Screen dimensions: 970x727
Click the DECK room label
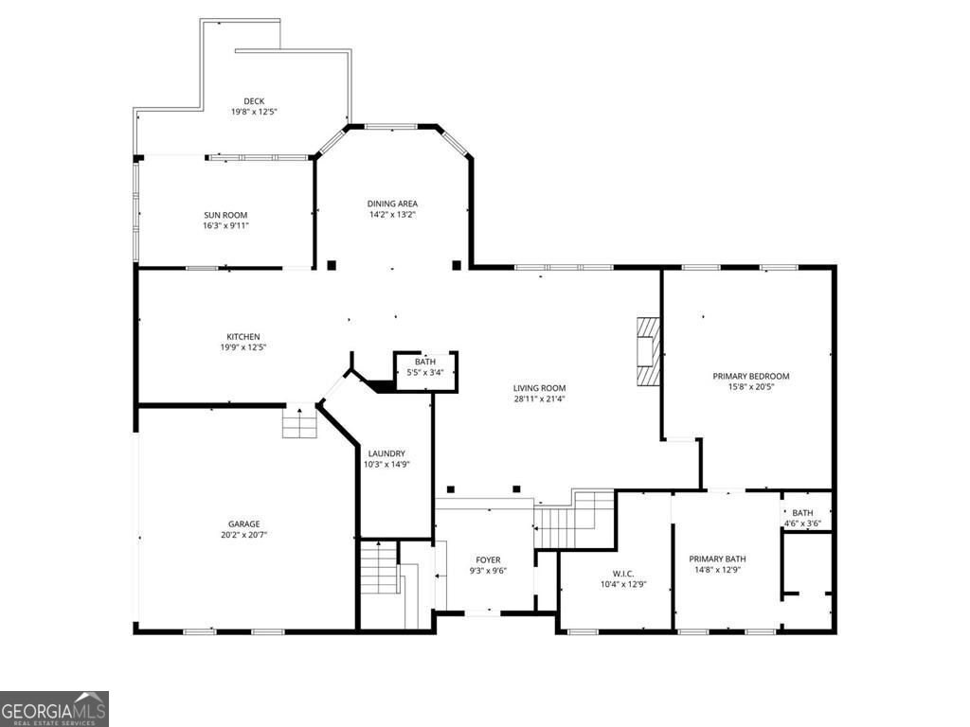254,101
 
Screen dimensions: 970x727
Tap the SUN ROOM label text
225,215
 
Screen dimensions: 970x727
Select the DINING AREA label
392,204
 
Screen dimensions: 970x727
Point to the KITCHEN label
243,337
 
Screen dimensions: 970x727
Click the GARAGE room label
243,524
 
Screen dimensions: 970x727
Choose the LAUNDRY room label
386,453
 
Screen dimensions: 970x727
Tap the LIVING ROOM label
539,388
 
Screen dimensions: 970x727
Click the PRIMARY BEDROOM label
751,376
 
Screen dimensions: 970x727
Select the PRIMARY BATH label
718,559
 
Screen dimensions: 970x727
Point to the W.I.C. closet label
623,574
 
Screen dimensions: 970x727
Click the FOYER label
488,560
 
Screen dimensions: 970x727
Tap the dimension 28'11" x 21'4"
539,399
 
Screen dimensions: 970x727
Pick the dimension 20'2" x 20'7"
243,535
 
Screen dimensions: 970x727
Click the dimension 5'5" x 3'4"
425,372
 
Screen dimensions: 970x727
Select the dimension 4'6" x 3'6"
802,523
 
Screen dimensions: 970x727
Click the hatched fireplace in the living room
649,351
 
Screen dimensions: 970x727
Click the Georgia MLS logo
54,709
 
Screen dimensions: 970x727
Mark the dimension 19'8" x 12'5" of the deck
254,112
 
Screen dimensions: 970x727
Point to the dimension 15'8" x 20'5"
751,387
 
